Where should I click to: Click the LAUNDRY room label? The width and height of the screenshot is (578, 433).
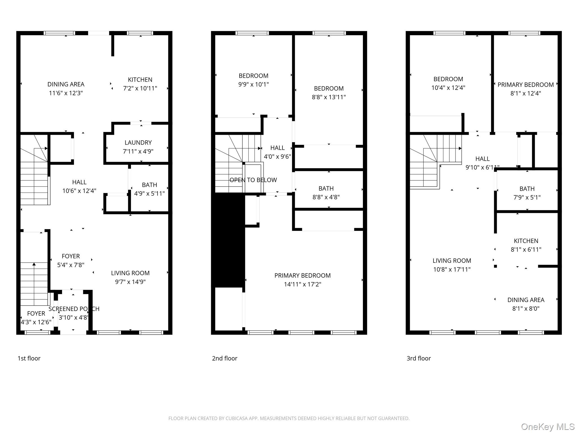coord(138,143)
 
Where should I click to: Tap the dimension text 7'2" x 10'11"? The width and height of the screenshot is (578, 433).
coord(140,89)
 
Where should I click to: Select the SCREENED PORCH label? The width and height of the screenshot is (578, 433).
coord(74,309)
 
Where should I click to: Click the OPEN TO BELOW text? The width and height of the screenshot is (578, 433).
coord(253,180)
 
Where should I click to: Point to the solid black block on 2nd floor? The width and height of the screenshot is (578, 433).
coord(228,240)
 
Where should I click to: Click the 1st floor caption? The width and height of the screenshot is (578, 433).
coord(29,358)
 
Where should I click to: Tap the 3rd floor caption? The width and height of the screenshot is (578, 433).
coord(419,358)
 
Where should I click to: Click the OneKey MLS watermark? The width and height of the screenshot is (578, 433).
coord(548,427)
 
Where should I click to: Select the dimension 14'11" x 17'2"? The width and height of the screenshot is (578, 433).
coord(302,284)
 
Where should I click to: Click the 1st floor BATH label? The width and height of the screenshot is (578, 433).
coord(149,185)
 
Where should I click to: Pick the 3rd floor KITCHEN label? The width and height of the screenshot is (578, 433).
coord(526,241)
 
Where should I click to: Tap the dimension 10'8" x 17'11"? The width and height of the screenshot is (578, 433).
coord(452,269)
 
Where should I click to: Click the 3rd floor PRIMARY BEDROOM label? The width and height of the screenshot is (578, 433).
coord(526,85)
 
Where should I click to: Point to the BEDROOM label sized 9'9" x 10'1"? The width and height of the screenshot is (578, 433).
coord(253,76)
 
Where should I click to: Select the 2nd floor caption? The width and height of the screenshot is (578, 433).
coord(225,358)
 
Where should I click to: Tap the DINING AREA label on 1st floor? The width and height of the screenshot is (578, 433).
coord(66,84)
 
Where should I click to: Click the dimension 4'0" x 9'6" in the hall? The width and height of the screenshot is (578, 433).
coord(277,157)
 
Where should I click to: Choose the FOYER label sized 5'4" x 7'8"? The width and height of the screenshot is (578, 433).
coord(71,256)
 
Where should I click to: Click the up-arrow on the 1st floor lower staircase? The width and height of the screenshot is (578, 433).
coord(34,264)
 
